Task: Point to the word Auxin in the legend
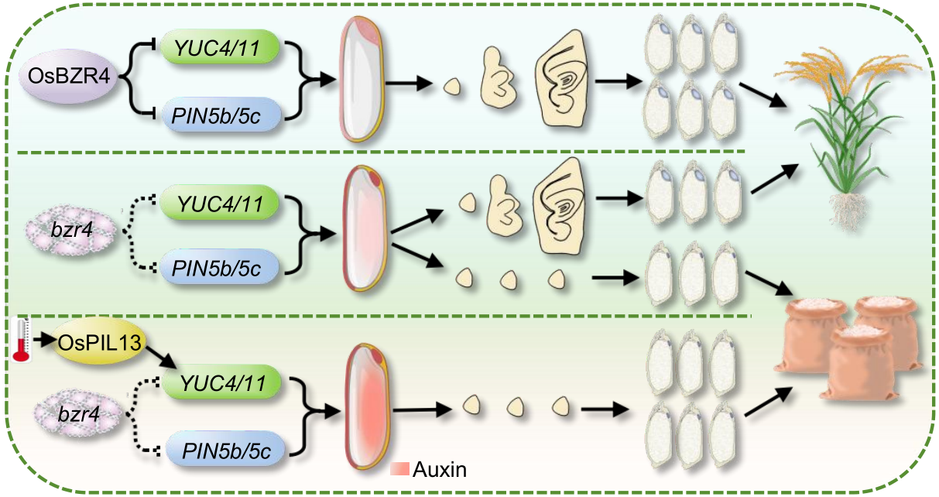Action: click(x=440, y=469)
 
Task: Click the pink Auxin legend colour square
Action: click(x=401, y=469)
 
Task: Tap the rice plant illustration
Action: click(x=848, y=139)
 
